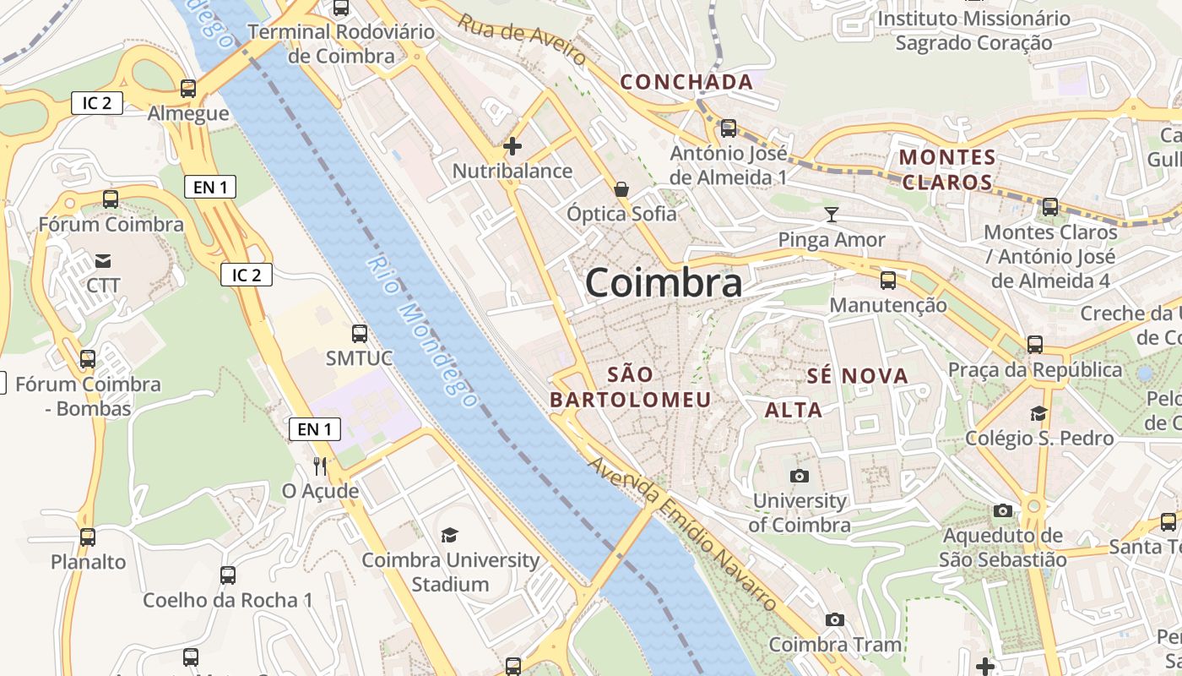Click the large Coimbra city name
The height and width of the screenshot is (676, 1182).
[664, 282]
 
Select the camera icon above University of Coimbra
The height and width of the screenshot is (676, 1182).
[799, 476]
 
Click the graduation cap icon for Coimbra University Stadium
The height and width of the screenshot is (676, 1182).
[449, 535]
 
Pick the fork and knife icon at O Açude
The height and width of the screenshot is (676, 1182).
[320, 466]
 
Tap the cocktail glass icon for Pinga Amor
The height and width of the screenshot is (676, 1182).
[832, 215]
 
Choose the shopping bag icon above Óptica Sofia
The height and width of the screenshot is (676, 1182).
[621, 188]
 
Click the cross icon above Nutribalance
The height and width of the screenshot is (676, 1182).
[512, 146]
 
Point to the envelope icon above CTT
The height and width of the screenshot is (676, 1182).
[103, 260]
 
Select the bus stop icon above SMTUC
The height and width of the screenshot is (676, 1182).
[360, 334]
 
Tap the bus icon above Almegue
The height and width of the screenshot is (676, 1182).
[188, 88]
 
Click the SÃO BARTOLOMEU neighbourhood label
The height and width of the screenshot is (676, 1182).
[631, 386]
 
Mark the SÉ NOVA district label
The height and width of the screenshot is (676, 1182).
[857, 376]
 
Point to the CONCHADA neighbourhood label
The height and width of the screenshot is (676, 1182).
[686, 82]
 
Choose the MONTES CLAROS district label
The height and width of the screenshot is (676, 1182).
[947, 170]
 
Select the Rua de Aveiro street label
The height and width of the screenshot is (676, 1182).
[523, 40]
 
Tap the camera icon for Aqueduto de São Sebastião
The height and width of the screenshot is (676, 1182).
[1003, 510]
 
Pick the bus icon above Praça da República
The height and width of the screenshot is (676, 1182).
[1035, 345]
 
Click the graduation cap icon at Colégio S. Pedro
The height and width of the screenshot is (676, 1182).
[1038, 413]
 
